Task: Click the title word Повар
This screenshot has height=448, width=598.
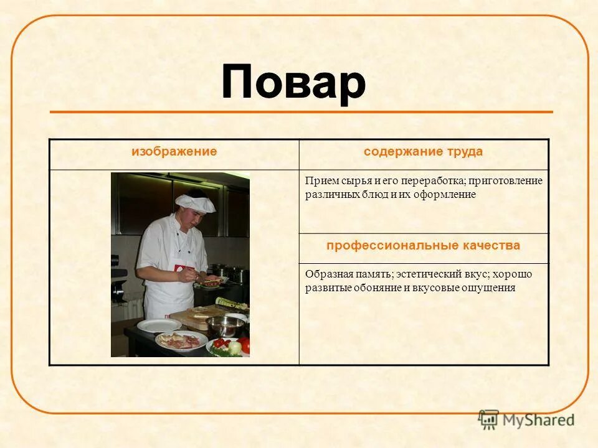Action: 293,83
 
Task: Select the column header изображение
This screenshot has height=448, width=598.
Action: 174,152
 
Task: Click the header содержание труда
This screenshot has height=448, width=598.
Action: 423,152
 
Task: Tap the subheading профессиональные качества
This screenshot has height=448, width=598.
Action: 423,246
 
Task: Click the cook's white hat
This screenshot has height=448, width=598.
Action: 194,202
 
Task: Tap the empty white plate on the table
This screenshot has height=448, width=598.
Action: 159,325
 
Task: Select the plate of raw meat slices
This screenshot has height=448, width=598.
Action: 181,340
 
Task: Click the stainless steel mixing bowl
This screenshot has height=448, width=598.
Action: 225,325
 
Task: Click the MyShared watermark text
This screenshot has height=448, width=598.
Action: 539,420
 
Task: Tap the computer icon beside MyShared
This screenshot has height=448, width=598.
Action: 489,419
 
